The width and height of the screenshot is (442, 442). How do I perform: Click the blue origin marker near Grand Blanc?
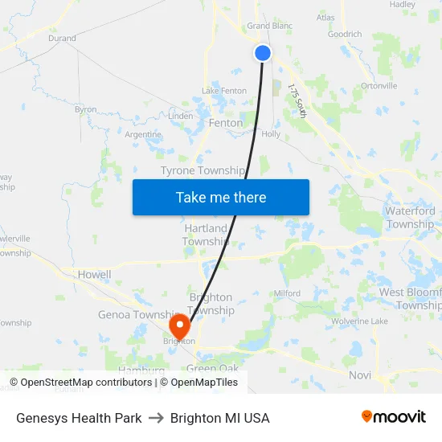pyautogui.click(x=263, y=53)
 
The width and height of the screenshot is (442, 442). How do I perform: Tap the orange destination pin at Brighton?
pyautogui.click(x=179, y=325)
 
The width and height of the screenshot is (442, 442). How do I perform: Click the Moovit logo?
pyautogui.click(x=393, y=417)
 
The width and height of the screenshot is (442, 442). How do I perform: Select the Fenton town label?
pyautogui.click(x=225, y=123)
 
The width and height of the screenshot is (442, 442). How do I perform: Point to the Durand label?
pyautogui.click(x=62, y=38)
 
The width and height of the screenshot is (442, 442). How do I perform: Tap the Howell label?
pyautogui.click(x=94, y=274)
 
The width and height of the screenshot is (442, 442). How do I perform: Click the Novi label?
pyautogui.click(x=359, y=375)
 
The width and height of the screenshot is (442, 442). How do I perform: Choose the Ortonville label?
pyautogui.click(x=379, y=85)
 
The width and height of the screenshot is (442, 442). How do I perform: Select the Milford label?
pyautogui.click(x=287, y=293)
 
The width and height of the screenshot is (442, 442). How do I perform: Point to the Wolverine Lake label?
pyautogui.click(x=359, y=321)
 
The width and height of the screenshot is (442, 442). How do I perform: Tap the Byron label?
pyautogui.click(x=85, y=109)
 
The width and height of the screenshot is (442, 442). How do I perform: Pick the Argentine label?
pyautogui.click(x=143, y=135)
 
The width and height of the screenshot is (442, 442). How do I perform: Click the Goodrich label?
pyautogui.click(x=345, y=35)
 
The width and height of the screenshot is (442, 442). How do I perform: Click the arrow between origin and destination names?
pyautogui.click(x=156, y=418)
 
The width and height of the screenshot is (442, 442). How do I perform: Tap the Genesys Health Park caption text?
pyautogui.click(x=79, y=418)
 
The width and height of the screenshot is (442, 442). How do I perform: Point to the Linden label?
pyautogui.click(x=180, y=117)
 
